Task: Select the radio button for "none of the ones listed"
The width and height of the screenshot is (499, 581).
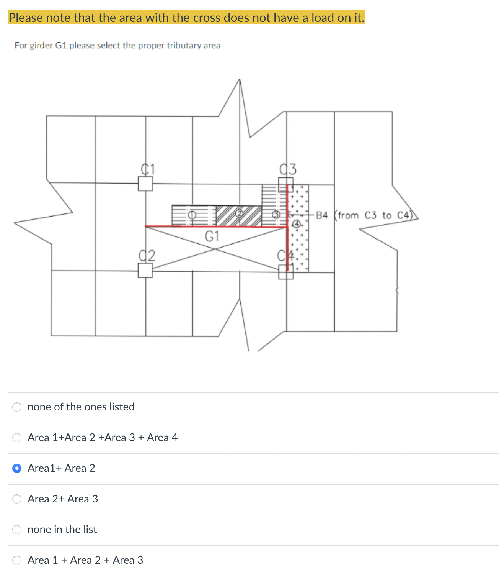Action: [17, 407]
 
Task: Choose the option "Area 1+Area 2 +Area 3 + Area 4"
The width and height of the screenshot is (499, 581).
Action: [17, 437]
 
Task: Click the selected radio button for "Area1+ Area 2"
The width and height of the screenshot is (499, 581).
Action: [17, 468]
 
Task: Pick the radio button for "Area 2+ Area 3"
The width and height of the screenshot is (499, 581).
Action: [17, 499]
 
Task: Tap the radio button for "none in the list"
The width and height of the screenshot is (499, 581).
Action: [17, 529]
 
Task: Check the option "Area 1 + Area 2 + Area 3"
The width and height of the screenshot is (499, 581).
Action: [17, 560]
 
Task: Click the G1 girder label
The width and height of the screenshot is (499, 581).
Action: [212, 236]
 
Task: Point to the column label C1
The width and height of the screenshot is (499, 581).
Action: [147, 169]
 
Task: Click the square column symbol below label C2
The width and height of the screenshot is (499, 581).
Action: [145, 271]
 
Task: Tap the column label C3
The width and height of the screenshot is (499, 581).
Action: [288, 169]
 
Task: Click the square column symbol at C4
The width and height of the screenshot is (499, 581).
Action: [286, 272]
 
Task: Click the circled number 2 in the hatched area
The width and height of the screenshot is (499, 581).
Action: [239, 213]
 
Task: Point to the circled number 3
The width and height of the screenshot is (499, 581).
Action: [276, 215]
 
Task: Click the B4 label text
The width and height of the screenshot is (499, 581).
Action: [322, 215]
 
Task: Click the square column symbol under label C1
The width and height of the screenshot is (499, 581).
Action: [145, 184]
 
